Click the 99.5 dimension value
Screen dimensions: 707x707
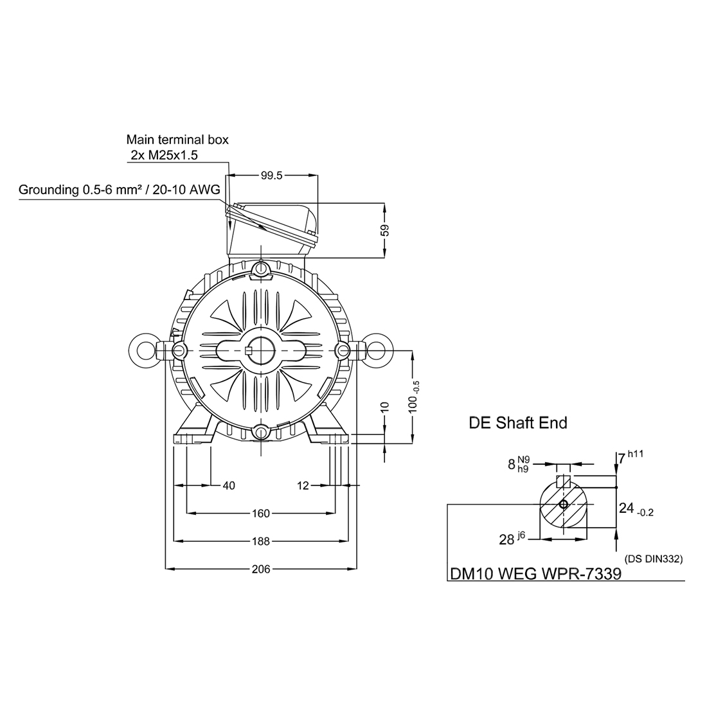pos(271,175)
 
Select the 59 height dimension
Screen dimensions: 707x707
pos(384,230)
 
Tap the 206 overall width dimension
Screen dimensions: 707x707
pos(261,569)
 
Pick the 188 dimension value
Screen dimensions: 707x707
pos(261,541)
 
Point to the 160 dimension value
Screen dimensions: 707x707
pos(261,513)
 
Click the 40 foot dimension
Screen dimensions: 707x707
pos(229,486)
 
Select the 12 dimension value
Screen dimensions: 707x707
pos(303,486)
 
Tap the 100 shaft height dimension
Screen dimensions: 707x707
pos(413,397)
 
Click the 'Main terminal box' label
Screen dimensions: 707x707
pos(177,139)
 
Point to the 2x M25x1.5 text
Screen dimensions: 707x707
pos(164,155)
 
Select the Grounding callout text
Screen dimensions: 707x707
pos(119,190)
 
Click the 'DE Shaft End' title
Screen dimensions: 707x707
pos(518,423)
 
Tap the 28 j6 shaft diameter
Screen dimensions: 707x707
pos(512,538)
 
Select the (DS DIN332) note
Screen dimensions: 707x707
pos(654,559)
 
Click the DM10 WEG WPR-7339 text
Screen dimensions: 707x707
pos(535,573)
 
